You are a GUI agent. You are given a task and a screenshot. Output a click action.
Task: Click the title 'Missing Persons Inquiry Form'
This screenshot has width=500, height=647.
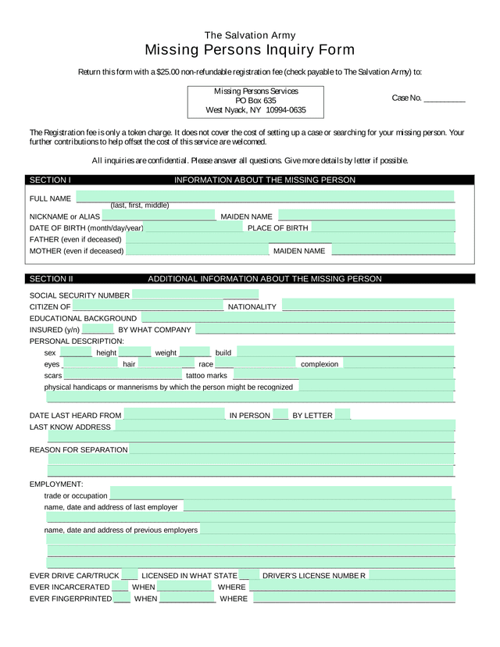(250, 51)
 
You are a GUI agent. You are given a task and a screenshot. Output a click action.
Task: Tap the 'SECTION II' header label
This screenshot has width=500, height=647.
(52, 279)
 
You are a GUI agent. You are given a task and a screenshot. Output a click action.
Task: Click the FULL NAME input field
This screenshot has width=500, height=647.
(265, 197)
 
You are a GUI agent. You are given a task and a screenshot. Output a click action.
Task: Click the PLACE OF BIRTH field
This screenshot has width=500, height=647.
(382, 227)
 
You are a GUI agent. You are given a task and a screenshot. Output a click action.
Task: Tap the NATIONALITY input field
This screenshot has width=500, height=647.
(368, 306)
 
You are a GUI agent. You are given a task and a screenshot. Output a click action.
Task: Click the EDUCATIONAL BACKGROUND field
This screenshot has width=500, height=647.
(297, 317)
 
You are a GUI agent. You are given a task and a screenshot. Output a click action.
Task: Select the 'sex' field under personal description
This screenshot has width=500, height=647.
(76, 352)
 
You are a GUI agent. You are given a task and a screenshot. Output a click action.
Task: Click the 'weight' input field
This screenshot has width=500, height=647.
(195, 352)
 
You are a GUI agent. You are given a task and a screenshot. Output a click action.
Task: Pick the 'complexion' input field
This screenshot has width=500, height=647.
(398, 363)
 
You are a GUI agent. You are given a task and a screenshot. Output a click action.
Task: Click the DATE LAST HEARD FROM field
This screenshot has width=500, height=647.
(174, 415)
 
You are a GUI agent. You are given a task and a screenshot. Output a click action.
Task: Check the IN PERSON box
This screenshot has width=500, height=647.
(280, 415)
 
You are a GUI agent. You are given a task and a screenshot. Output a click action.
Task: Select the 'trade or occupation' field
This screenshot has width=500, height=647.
(280, 495)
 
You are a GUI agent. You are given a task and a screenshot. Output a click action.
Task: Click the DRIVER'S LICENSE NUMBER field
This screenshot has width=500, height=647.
(411, 575)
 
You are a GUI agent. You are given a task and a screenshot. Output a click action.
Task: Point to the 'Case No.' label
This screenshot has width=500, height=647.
(406, 98)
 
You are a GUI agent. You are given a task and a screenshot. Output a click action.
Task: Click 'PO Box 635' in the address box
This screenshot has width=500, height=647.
(255, 101)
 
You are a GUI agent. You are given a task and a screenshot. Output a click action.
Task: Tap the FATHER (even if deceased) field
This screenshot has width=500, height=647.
(289, 238)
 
